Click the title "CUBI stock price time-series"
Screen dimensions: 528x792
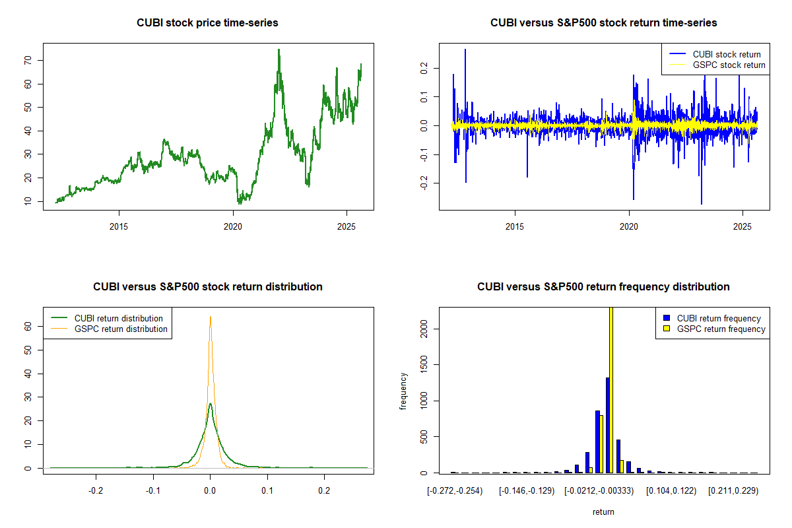(207, 23)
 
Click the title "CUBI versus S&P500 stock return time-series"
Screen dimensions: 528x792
(603, 23)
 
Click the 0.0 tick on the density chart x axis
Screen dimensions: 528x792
(210, 490)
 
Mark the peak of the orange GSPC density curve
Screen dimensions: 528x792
(210, 317)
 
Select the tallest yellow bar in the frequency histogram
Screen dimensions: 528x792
(611, 389)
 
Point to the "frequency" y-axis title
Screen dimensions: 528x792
(403, 391)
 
